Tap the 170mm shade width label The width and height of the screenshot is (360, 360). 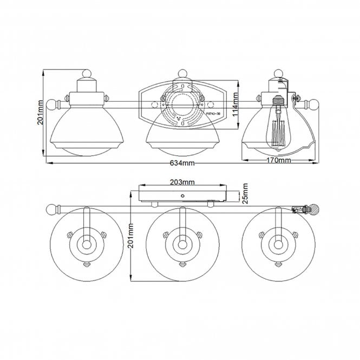click(279, 160)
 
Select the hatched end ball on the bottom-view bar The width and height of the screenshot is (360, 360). click(309, 208)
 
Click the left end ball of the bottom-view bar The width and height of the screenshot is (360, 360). click(52, 208)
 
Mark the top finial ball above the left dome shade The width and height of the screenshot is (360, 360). click(86, 74)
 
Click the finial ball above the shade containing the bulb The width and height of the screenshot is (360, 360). click(279, 74)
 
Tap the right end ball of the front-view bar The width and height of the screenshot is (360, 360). click(312, 103)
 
